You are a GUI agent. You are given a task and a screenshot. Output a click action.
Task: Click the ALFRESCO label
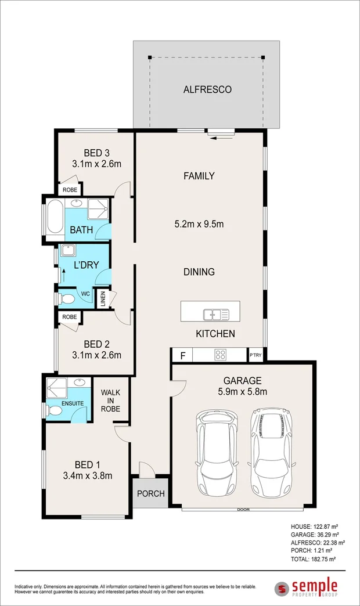207,89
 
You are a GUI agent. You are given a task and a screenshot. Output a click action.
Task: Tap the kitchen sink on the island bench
216,315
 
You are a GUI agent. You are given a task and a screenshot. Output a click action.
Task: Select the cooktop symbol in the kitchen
221,355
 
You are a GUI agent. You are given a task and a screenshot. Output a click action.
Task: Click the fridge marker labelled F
183,355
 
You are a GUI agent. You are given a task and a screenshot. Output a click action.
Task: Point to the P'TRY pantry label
255,355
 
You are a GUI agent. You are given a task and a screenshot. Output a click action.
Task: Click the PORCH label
151,493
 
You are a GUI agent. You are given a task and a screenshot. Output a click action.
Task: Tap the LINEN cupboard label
103,300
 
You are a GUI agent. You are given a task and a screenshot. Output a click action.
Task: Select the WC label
85,294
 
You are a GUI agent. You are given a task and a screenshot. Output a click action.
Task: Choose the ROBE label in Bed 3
70,190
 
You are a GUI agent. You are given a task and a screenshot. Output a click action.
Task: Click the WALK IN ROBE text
110,401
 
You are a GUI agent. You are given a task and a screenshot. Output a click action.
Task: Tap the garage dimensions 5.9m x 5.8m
243,391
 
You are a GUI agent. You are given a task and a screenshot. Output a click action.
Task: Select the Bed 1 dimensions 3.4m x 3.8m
88,475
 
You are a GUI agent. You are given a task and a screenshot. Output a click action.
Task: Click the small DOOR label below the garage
243,510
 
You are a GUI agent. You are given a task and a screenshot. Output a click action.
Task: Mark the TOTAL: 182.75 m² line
313,559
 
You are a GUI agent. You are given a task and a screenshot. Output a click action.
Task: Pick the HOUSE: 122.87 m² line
314,526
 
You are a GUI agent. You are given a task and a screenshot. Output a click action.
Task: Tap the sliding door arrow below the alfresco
223,137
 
